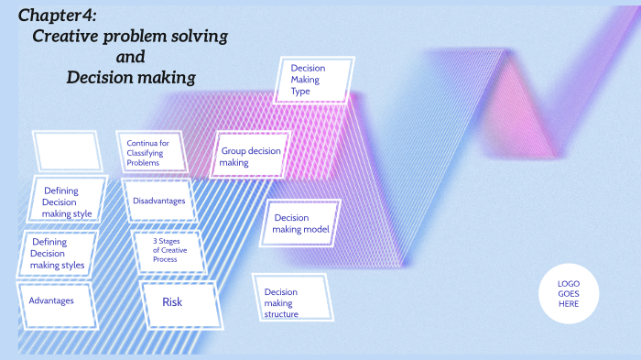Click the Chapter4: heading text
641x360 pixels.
[x=57, y=16]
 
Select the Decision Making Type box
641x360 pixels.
[x=314, y=80]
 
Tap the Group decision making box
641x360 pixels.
[x=250, y=157]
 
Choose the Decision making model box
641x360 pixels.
[x=301, y=224]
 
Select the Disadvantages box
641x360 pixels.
[x=159, y=201]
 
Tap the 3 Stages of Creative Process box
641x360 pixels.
[x=166, y=251]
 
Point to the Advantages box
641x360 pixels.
[x=52, y=300]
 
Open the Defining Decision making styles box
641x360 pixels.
[x=57, y=254]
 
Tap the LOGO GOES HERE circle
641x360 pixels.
[x=568, y=293]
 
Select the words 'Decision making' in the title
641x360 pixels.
[x=130, y=78]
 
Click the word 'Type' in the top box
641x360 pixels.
[x=300, y=92]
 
